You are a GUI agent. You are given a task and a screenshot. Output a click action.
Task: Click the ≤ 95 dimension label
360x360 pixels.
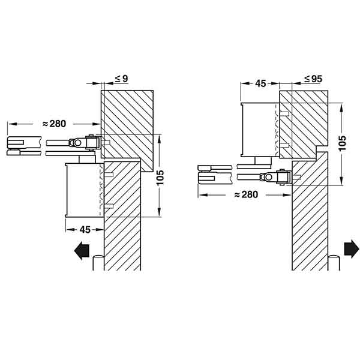(x=314, y=79)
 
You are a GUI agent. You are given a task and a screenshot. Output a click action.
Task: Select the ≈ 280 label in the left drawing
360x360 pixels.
(x=55, y=124)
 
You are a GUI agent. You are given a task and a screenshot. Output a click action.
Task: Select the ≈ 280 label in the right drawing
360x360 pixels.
(x=245, y=194)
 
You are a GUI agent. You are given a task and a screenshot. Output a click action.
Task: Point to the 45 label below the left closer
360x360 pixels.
(x=85, y=229)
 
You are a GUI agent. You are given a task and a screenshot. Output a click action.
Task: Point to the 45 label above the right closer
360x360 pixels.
(x=260, y=83)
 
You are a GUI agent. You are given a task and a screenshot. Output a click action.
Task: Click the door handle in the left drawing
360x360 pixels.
(x=98, y=265)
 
